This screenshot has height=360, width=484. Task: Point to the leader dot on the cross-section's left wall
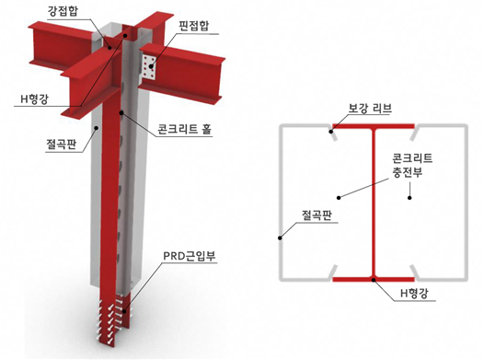coord(280,238)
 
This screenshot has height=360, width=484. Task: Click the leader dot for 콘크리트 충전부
coord(338,195)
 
